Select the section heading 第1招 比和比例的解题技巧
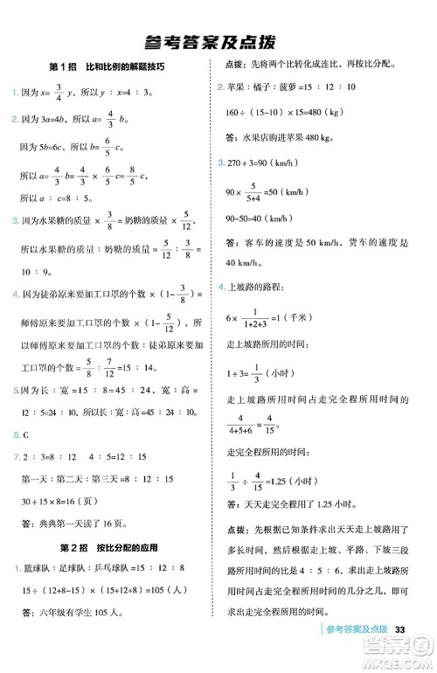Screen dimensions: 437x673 107,67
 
